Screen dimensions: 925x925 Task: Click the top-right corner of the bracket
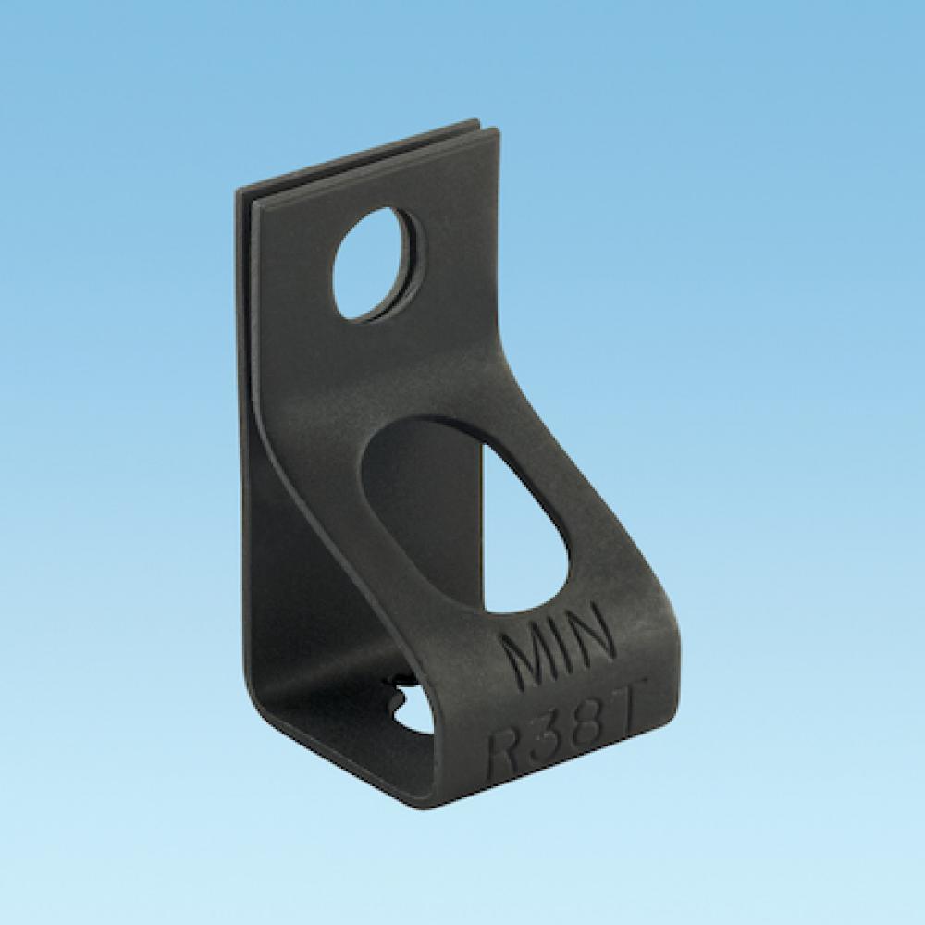click(x=502, y=133)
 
